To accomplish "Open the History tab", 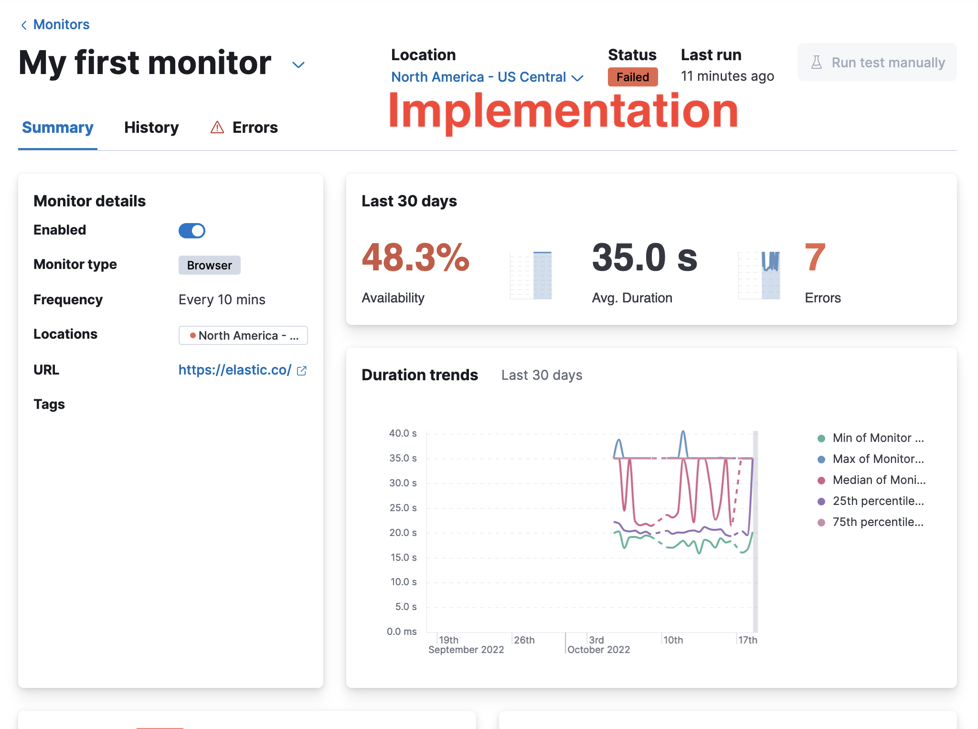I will tap(151, 128).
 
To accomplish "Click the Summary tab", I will tap(58, 128).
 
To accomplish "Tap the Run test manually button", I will tap(877, 63).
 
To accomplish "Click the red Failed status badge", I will tap(632, 77).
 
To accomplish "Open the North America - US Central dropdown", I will tap(487, 77).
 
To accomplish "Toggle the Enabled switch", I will tap(192, 231).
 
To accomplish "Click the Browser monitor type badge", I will tap(209, 265).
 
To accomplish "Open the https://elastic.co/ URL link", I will tap(235, 370).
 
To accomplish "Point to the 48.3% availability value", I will tap(415, 257).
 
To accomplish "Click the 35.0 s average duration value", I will tap(644, 257).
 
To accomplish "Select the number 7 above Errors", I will tap(815, 257).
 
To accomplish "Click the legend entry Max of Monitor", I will tap(878, 459).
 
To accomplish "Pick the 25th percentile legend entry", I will tap(878, 501).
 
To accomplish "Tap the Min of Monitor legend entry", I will tap(878, 438).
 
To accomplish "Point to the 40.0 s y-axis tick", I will tap(403, 433).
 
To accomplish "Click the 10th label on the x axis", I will tap(673, 640).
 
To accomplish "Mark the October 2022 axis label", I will tap(598, 650).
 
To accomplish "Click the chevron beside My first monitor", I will tap(298, 64).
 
